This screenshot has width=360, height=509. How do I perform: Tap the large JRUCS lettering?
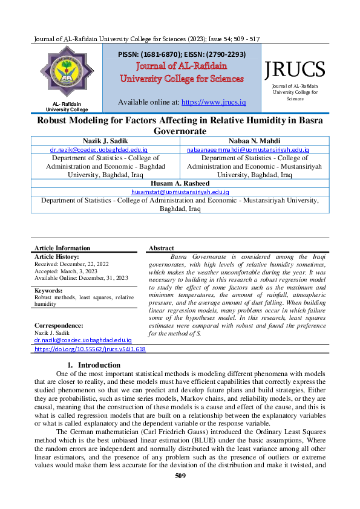295,70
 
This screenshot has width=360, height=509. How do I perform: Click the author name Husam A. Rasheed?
180,183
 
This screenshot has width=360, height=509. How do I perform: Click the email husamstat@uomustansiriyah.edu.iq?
180,192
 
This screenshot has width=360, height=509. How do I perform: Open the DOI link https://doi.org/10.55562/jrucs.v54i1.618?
90,349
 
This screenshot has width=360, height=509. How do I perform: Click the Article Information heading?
62,248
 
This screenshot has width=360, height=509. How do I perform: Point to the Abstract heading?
161,248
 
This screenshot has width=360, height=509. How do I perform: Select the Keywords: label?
48,291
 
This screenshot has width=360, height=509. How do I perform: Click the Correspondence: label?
59,326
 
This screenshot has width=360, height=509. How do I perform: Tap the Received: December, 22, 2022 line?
71,264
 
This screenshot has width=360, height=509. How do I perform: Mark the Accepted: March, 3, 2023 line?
66,271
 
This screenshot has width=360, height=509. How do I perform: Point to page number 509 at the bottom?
180,476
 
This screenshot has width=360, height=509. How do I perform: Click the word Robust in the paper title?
56,120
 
